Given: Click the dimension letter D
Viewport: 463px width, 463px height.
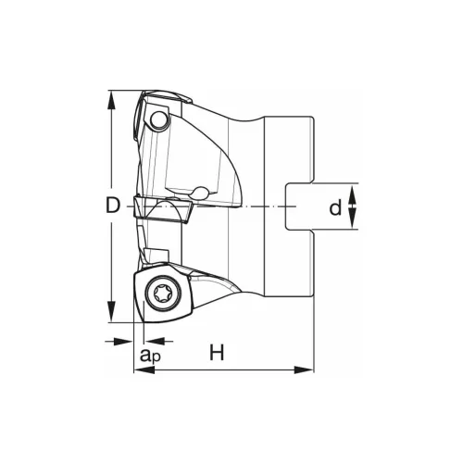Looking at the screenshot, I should coord(112,206).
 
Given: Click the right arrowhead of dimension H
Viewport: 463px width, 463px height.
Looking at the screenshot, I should coord(307,370).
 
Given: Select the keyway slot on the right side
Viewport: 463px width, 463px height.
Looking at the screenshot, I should coord(300,206).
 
